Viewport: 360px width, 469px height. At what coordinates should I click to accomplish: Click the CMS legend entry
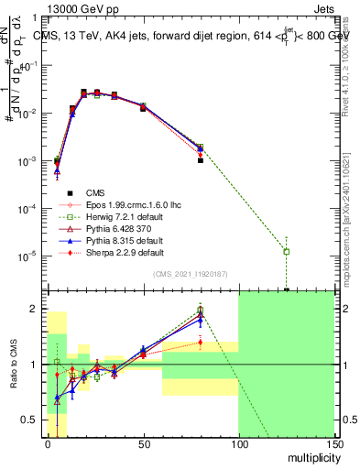tap(95, 191)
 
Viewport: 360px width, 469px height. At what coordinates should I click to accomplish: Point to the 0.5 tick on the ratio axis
tap(31, 422)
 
